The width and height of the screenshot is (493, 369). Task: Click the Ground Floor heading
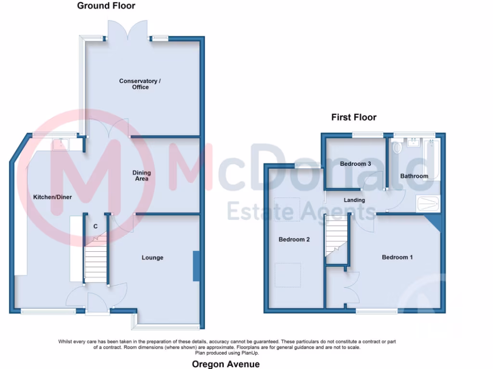[106, 6]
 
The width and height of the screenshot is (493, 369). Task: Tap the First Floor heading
[353, 117]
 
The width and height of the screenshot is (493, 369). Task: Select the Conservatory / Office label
[140, 84]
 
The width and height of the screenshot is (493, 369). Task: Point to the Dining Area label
[142, 176]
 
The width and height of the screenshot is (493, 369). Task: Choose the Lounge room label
[152, 258]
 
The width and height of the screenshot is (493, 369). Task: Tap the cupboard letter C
[96, 226]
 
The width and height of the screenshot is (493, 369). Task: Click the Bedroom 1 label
[397, 257]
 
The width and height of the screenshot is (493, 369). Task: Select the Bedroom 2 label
[294, 239]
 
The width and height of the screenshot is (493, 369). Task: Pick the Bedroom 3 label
[355, 164]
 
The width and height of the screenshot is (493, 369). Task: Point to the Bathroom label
[414, 176]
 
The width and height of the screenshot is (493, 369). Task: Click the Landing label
[354, 200]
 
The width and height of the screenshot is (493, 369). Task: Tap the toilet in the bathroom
[397, 148]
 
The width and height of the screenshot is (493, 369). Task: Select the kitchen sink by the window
[62, 143]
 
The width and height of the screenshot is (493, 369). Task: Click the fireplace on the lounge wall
[196, 266]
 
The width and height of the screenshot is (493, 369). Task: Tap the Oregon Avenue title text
[226, 364]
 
